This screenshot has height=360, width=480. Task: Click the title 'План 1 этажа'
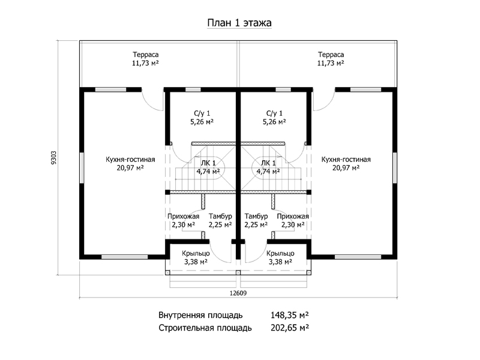click(239, 23)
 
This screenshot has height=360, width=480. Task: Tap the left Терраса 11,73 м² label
click(145, 59)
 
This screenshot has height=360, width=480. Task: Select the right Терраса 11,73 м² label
click(331, 59)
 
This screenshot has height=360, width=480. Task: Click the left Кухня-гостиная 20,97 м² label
click(130, 163)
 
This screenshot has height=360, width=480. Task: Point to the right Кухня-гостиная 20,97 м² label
click(346, 163)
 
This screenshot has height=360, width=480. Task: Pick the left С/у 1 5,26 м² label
click(202, 118)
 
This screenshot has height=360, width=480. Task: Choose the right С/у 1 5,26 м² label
click(274, 118)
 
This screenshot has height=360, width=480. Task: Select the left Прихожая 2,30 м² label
click(184, 220)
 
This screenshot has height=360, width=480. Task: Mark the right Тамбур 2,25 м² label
click(256, 220)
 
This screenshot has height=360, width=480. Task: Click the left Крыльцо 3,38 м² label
click(196, 257)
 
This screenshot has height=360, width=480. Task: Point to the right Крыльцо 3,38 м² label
click(280, 257)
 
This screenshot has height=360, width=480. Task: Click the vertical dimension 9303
click(54, 158)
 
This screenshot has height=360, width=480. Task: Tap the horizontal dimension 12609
click(238, 293)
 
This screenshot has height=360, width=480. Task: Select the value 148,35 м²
click(290, 315)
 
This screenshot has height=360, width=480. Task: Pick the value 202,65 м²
click(290, 328)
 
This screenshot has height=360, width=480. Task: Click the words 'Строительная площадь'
click(205, 328)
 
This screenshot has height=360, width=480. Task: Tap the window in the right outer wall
click(395, 168)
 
